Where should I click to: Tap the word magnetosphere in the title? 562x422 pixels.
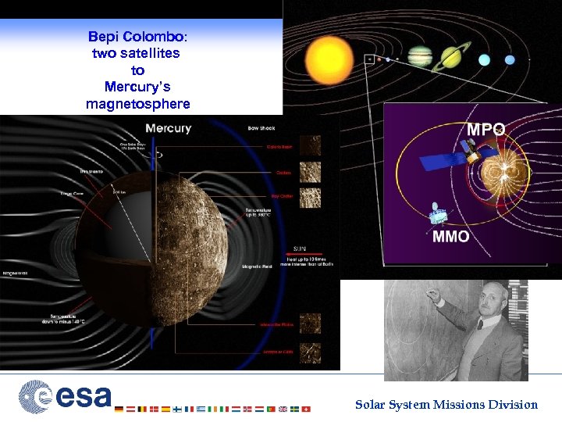(x=137, y=104)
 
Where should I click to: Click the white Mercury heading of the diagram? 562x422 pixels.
(x=168, y=128)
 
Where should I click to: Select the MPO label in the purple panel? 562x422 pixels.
(x=486, y=130)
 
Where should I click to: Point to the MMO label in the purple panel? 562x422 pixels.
(x=451, y=236)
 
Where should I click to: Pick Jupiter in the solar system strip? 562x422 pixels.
(x=420, y=55)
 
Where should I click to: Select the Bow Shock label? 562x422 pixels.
(x=261, y=128)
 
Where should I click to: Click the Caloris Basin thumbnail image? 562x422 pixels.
(x=310, y=146)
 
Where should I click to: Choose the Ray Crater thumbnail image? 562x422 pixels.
(x=310, y=196)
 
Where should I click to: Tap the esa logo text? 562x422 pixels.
(x=83, y=396)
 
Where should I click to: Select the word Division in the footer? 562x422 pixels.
(x=512, y=404)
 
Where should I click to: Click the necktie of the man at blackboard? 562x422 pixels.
(x=479, y=324)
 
